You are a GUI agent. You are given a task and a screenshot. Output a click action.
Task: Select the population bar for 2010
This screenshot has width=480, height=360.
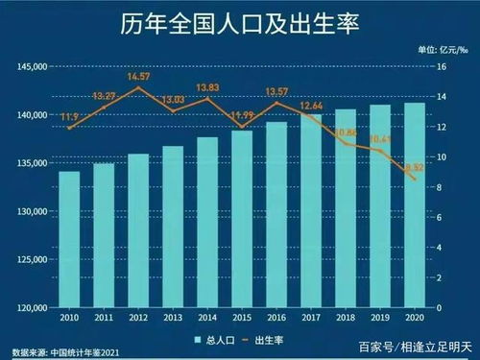click(69, 240)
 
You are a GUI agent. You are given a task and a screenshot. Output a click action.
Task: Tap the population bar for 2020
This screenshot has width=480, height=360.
click(414, 205)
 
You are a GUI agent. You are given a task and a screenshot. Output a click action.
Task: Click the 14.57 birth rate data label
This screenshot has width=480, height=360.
click(138, 76)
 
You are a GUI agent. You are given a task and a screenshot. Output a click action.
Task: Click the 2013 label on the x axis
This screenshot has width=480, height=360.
click(172, 318)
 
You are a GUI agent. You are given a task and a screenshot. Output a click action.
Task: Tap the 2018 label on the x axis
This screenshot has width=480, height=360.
click(345, 318)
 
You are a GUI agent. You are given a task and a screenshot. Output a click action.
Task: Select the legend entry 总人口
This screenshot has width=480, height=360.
click(213, 340)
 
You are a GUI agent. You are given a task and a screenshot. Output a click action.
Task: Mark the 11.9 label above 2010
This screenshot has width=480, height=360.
click(69, 117)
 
